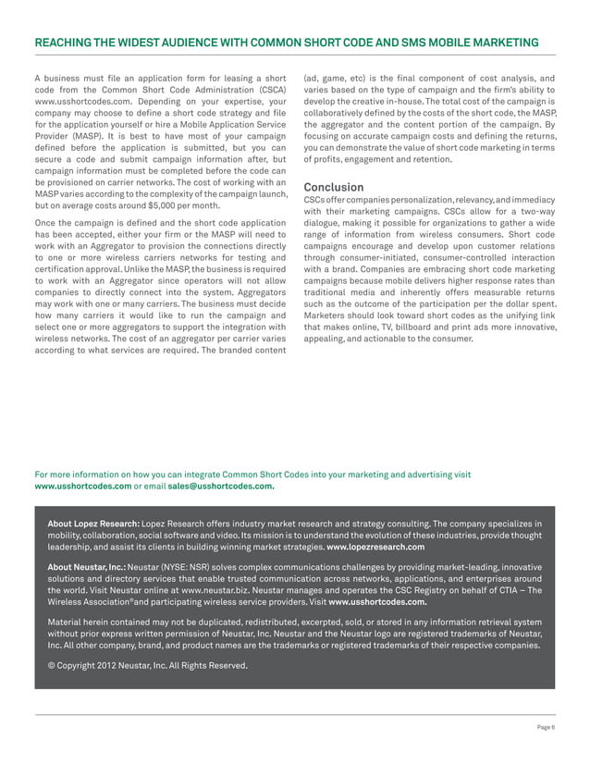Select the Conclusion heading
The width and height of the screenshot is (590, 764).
(x=338, y=187)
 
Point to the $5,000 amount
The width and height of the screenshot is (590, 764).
(x=153, y=209)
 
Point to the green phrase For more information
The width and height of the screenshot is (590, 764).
(x=79, y=474)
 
